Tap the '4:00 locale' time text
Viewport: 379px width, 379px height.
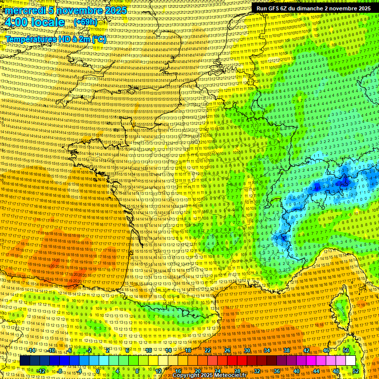(x=35, y=23)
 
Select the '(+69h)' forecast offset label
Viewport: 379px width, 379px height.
(x=85, y=22)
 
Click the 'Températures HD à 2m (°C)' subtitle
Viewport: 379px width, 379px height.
(x=55, y=39)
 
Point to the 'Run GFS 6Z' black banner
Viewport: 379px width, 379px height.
(x=314, y=8)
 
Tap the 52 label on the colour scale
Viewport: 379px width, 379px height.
(x=356, y=371)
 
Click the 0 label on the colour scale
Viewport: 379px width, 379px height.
(x=99, y=371)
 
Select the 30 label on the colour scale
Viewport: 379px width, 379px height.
(x=247, y=350)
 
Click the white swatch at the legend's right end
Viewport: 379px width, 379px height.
(x=350, y=361)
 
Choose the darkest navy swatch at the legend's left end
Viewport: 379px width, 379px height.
(x=25, y=361)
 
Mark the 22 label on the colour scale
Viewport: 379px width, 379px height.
(x=207, y=350)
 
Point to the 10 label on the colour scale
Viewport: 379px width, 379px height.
(x=148, y=350)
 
